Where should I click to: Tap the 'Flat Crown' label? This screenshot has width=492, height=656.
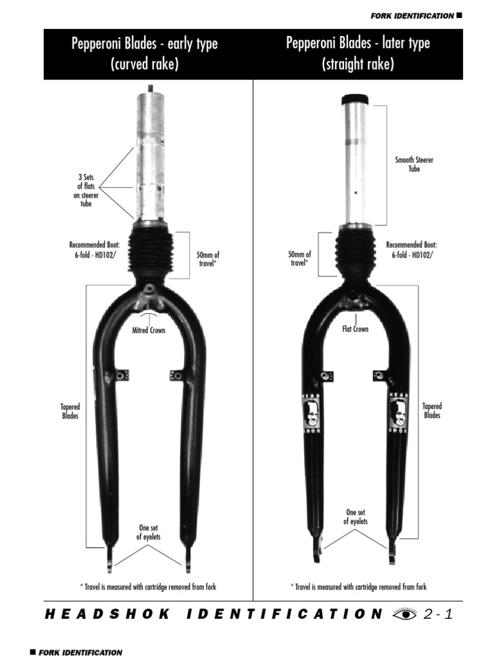pos(356,329)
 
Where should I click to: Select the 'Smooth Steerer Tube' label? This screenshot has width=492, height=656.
pos(414,164)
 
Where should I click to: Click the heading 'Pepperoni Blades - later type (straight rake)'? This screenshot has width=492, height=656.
pos(358,54)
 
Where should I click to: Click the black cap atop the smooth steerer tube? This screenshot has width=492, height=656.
pos(356,99)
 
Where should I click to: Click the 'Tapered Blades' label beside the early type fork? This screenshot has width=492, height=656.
pos(70,411)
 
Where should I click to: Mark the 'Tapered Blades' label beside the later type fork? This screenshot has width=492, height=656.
pos(432,411)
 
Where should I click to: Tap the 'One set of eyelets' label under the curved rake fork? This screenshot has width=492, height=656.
pos(148,532)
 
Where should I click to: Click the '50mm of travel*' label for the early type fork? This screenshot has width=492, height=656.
pos(208,259)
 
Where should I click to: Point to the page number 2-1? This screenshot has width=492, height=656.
pos(439,614)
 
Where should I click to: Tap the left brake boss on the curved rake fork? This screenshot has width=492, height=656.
pos(120,375)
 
